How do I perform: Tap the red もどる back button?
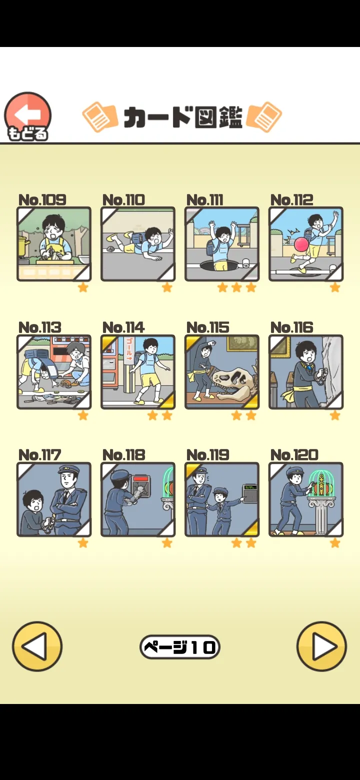tap(27, 116)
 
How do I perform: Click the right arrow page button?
tap(321, 646)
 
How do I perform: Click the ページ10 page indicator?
tap(179, 647)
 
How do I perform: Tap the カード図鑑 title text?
tap(183, 117)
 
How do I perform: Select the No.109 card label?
tap(42, 200)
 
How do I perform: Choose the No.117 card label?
tap(39, 455)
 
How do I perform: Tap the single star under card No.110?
tap(167, 287)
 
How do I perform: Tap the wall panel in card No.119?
tap(250, 493)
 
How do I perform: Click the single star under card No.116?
tap(335, 415)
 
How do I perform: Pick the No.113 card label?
tap(39, 327)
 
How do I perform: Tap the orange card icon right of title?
tap(264, 117)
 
